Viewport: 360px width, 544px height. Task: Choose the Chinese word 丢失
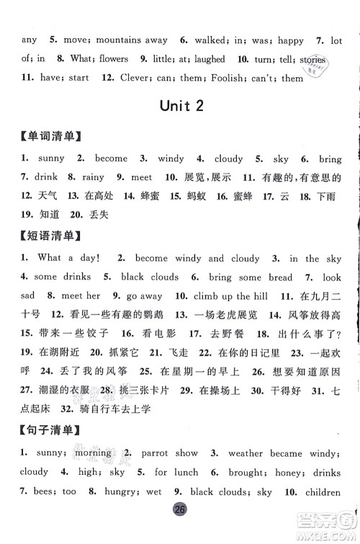[x=85, y=214]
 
